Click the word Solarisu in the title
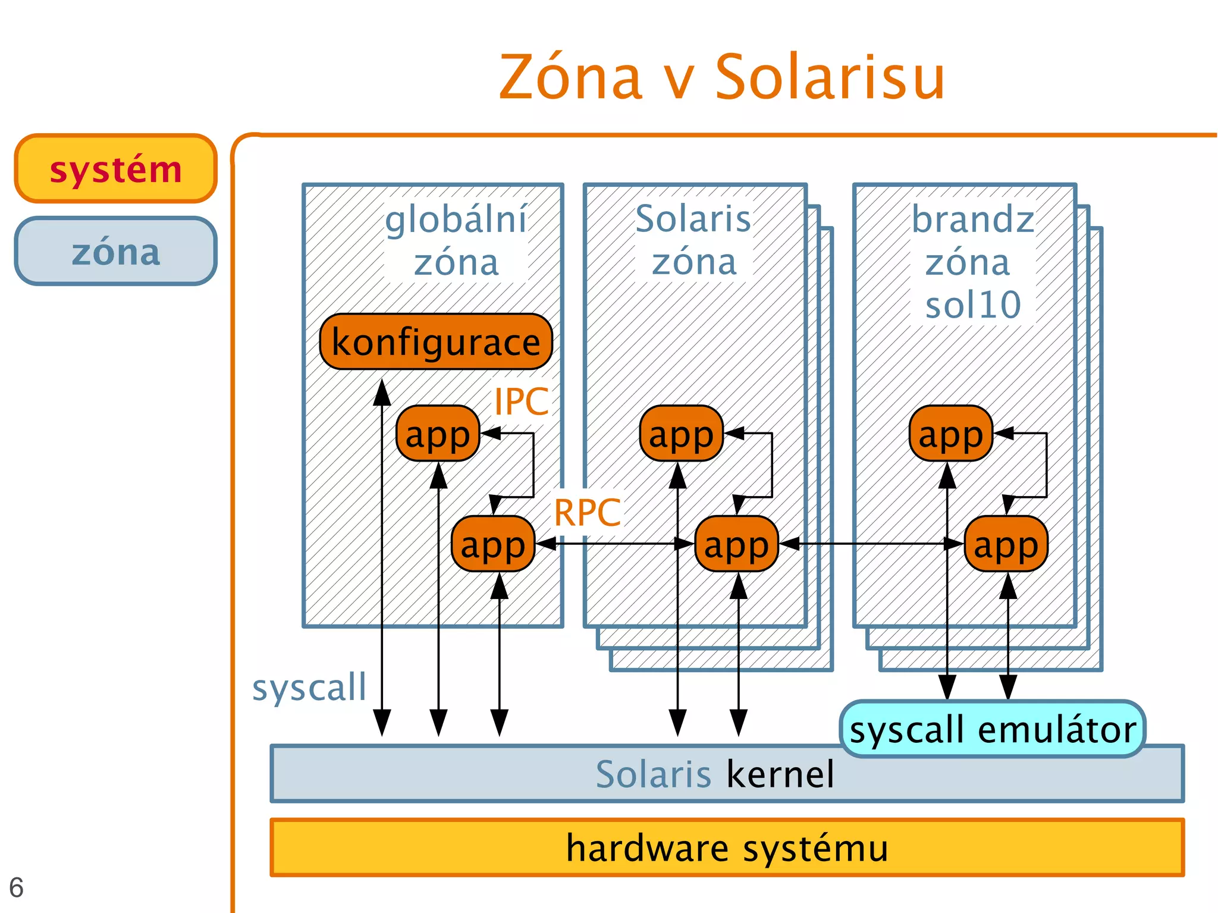[830, 77]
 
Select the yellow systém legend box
[115, 169]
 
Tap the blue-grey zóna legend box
[115, 251]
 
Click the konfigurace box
[436, 342]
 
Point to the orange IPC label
[521, 401]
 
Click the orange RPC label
[587, 512]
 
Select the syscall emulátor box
[992, 729]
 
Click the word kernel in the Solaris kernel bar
[780, 774]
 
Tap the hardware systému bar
[727, 848]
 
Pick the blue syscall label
[309, 688]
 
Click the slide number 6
[16, 887]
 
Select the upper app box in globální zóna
[438, 434]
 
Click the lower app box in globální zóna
[493, 544]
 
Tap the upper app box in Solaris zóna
[681, 434]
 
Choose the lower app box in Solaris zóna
[736, 544]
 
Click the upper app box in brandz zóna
[950, 434]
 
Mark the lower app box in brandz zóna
[1006, 544]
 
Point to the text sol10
[973, 305]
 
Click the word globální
[456, 219]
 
